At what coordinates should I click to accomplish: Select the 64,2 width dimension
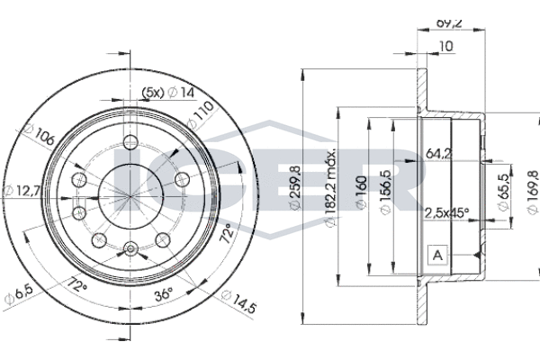(437, 153)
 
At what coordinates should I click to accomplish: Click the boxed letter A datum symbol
(437, 256)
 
